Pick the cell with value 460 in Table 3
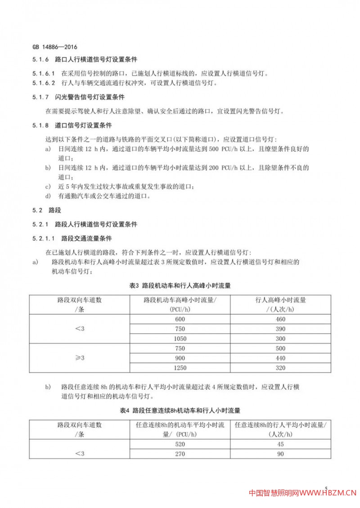coord(280,319)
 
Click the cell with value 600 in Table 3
coord(180,319)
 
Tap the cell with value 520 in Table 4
coord(180,444)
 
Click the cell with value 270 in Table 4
coord(180,454)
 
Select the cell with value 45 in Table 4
coord(280,444)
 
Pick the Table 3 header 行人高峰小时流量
coord(280,300)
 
